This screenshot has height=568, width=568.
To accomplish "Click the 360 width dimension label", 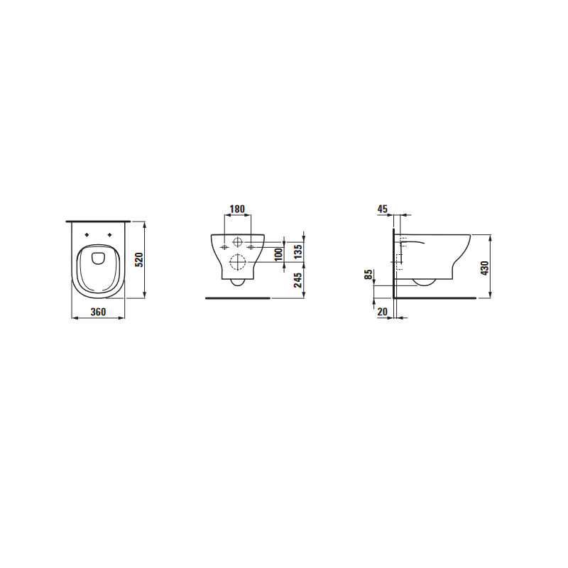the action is coord(98,312).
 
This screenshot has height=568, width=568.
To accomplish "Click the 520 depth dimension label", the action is coord(139,260).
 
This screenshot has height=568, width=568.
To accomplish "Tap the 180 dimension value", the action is coord(238,209).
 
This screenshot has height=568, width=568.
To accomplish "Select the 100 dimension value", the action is coord(278,255).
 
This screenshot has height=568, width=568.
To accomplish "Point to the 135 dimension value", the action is coord(297,252).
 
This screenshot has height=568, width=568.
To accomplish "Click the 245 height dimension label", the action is coord(297,280).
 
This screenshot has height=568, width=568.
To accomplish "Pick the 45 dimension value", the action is coord(383,209).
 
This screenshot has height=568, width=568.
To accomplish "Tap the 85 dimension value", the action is coord(368,275).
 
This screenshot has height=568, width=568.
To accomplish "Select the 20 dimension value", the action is coord(383,312).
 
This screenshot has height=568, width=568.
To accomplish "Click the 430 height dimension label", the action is coord(485,268).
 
